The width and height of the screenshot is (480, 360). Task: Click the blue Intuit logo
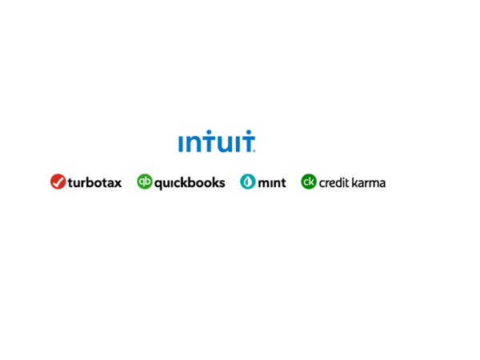[216, 142]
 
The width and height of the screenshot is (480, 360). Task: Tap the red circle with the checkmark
[58, 182]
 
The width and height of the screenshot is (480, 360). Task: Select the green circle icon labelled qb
[145, 182]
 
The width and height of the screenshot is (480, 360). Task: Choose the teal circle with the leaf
[248, 182]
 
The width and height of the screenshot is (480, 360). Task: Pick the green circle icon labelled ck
[309, 182]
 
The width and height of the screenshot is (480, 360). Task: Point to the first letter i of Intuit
[180, 144]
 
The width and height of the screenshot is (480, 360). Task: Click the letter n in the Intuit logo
[191, 144]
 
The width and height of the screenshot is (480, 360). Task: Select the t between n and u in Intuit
[205, 142]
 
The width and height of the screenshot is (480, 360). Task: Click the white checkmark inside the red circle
[58, 182]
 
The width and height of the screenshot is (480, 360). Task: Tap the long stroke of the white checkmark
[60, 181]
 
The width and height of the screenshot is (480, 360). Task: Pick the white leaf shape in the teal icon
[248, 182]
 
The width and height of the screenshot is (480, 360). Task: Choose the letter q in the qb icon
[142, 182]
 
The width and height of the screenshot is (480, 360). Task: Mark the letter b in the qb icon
[148, 181]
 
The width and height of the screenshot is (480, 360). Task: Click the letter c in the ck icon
[306, 182]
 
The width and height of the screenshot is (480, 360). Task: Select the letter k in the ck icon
[312, 182]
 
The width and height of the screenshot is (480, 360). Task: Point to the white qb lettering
[145, 182]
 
